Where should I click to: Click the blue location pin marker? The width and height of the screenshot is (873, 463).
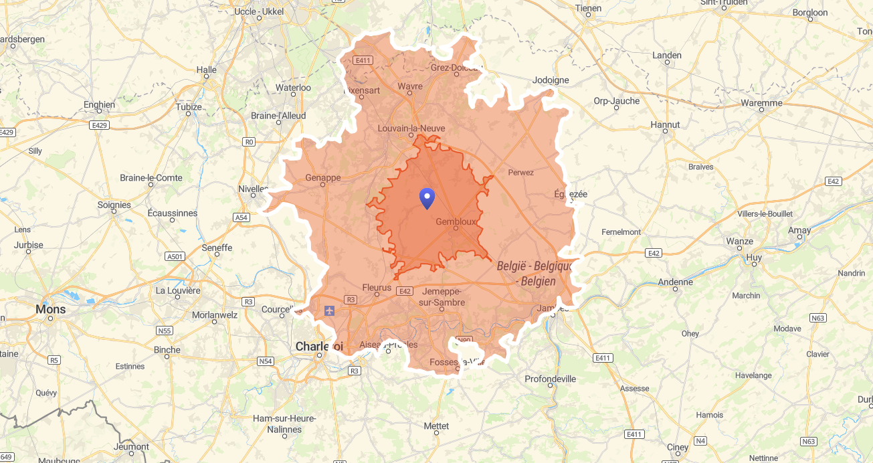(427, 198)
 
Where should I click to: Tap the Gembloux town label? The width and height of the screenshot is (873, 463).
(456, 221)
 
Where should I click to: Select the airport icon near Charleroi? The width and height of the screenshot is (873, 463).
(328, 310)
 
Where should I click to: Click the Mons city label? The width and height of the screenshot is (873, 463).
(51, 309)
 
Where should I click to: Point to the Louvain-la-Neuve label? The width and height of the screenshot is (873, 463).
(411, 128)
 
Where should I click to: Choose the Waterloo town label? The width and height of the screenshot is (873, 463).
(293, 88)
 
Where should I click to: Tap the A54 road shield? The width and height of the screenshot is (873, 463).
(241, 217)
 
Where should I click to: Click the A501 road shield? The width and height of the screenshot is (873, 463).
(175, 256)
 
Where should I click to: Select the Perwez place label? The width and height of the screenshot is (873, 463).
(521, 173)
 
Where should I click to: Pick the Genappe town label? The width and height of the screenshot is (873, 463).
(323, 177)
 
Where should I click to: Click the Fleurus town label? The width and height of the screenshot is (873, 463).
(376, 287)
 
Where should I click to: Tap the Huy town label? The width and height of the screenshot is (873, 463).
(754, 257)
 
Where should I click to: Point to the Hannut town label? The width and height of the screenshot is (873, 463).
(665, 124)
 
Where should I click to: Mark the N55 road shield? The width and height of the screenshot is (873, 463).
(165, 331)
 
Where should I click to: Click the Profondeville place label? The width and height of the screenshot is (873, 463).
(550, 379)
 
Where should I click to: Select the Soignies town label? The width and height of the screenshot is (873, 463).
(114, 205)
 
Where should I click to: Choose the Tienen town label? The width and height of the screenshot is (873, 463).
(589, 8)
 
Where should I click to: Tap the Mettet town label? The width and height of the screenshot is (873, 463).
(436, 426)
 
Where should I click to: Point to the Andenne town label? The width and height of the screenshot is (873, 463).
(675, 282)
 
